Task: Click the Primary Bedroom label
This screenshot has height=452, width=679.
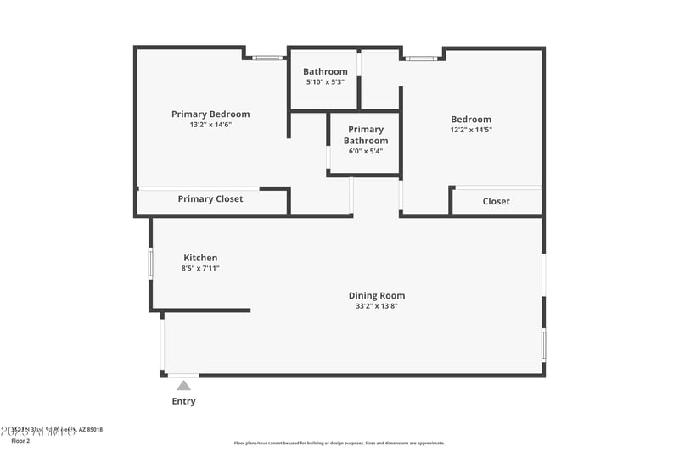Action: pyautogui.click(x=210, y=114)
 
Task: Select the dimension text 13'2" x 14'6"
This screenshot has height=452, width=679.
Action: pyautogui.click(x=210, y=125)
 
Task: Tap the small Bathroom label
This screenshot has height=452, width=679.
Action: pyautogui.click(x=326, y=71)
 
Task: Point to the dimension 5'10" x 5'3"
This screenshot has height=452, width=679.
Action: pyautogui.click(x=325, y=82)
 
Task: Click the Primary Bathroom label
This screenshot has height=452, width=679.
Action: pyautogui.click(x=365, y=135)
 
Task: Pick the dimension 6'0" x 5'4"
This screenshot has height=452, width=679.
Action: pyautogui.click(x=365, y=151)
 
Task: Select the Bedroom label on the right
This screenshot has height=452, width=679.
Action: pyautogui.click(x=470, y=120)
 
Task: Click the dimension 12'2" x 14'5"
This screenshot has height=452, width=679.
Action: pyautogui.click(x=470, y=130)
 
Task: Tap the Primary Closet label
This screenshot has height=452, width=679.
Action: pyautogui.click(x=210, y=199)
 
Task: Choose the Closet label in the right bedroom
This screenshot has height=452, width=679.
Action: pyautogui.click(x=496, y=201)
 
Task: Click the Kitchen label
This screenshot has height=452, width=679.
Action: pyautogui.click(x=200, y=258)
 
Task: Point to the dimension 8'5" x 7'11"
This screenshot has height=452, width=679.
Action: pyautogui.click(x=200, y=268)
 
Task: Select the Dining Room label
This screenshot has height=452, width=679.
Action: pyautogui.click(x=376, y=296)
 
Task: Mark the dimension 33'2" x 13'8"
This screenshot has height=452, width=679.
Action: pyautogui.click(x=376, y=306)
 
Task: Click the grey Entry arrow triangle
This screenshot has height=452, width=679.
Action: pyautogui.click(x=183, y=386)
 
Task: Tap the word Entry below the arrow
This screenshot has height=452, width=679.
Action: pyautogui.click(x=183, y=401)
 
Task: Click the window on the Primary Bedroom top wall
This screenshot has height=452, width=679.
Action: pyautogui.click(x=268, y=58)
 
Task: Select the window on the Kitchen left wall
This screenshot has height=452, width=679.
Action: pyautogui.click(x=151, y=263)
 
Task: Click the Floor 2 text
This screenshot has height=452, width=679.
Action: pyautogui.click(x=20, y=441)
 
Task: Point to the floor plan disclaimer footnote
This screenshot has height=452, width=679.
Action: pyautogui.click(x=339, y=443)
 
